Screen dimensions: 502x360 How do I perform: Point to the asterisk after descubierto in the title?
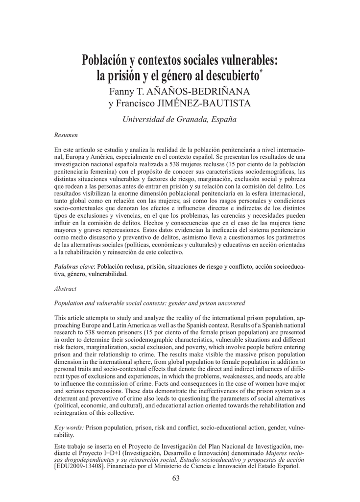(261, 72)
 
